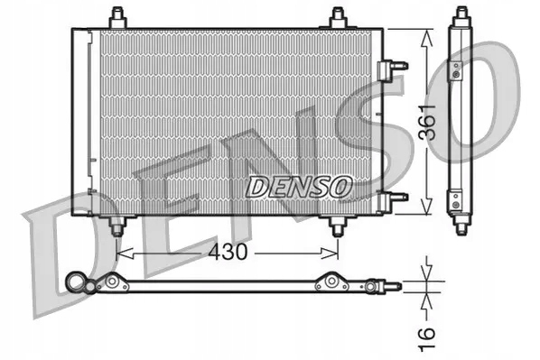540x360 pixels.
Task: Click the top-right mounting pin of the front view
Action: [x=338, y=17]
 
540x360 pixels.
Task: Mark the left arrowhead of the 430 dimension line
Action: [x=123, y=254]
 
